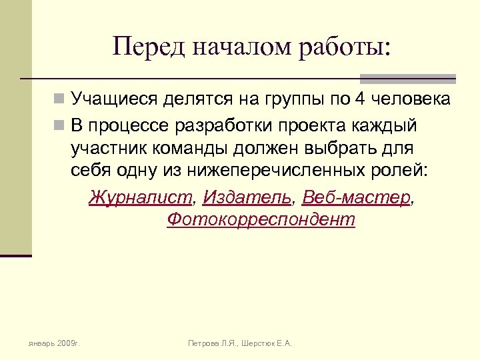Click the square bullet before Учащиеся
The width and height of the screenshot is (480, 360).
(x=59, y=100)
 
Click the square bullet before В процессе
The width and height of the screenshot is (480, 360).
(x=59, y=125)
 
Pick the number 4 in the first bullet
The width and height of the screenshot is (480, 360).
(x=360, y=100)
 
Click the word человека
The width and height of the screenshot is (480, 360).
(x=412, y=100)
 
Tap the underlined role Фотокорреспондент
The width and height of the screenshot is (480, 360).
(x=261, y=219)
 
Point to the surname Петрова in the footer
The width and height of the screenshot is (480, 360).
(x=203, y=343)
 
